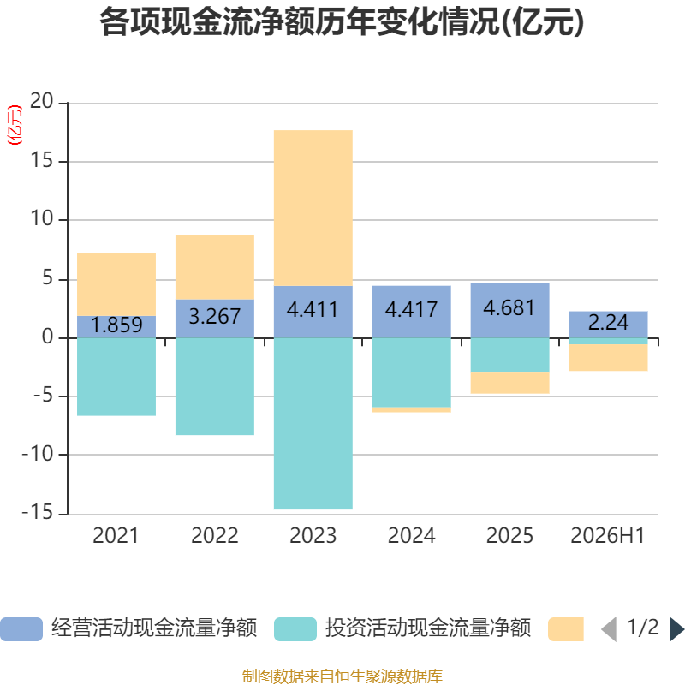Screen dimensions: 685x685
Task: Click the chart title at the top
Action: pos(342,22)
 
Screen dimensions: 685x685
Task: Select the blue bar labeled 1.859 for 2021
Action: pos(116,327)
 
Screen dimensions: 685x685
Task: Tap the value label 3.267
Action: pos(215,316)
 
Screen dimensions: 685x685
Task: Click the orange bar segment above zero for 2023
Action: pos(313,208)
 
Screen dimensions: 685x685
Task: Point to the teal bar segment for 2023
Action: pos(313,424)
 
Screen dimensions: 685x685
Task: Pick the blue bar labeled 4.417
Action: pos(412,312)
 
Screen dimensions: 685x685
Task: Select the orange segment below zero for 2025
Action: pos(509,383)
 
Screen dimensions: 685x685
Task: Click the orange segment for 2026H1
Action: pos(608,357)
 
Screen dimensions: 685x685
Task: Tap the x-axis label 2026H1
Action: pos(608,536)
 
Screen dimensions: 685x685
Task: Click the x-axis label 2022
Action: pos(215,536)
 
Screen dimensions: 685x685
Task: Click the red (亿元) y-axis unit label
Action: pos(15,125)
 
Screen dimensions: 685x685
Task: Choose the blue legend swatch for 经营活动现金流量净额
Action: pos(21,629)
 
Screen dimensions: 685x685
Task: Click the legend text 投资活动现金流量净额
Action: pos(428,628)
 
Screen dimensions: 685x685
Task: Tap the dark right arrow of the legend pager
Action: pos(677,629)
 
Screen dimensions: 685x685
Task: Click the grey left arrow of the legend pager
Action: pos(609,629)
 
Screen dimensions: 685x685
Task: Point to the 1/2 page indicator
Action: pos(643,628)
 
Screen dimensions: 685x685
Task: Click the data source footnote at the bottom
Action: pos(342,676)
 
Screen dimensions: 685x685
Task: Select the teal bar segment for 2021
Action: pos(116,377)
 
